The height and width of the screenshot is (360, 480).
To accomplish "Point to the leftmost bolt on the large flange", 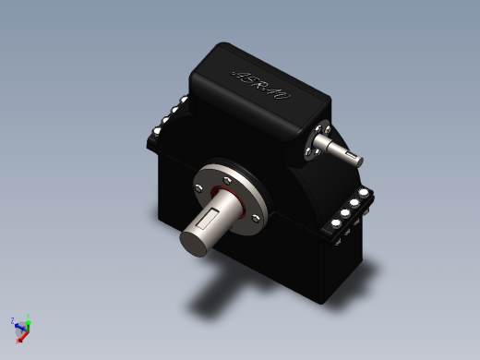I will click(198, 189).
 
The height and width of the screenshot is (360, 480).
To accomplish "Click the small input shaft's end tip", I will click(355, 156).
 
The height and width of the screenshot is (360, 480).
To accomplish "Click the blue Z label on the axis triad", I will click(11, 321).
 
